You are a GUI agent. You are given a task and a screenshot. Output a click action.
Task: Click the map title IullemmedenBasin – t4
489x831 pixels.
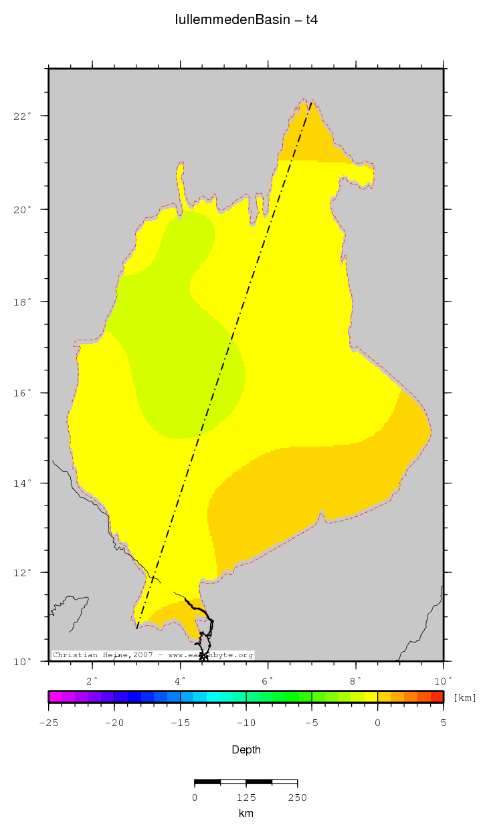click(246, 20)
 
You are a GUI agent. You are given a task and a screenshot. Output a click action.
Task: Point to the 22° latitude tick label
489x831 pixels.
click(23, 116)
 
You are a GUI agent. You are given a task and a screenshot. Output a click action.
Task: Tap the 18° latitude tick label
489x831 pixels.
click(23, 302)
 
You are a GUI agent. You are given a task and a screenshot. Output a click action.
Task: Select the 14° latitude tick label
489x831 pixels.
click(23, 483)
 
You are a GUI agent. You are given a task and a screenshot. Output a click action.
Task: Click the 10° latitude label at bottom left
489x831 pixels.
click(23, 662)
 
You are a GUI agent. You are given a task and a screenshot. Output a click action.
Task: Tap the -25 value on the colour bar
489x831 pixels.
click(48, 723)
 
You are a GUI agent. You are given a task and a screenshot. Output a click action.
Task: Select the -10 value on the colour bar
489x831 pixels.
click(246, 723)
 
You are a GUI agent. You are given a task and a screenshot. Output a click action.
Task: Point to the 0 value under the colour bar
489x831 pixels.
click(377, 723)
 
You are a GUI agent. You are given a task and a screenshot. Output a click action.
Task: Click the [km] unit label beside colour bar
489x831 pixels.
click(465, 698)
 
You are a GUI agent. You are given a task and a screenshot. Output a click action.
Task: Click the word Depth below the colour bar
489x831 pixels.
click(246, 750)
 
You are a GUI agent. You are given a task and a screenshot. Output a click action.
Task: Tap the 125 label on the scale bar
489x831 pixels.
click(246, 797)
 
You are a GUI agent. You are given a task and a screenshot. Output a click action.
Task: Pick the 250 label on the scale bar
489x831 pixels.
click(297, 797)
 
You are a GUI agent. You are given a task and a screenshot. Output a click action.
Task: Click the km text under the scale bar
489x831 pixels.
click(246, 814)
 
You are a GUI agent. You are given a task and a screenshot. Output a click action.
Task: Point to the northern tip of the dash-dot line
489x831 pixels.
click(312, 102)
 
